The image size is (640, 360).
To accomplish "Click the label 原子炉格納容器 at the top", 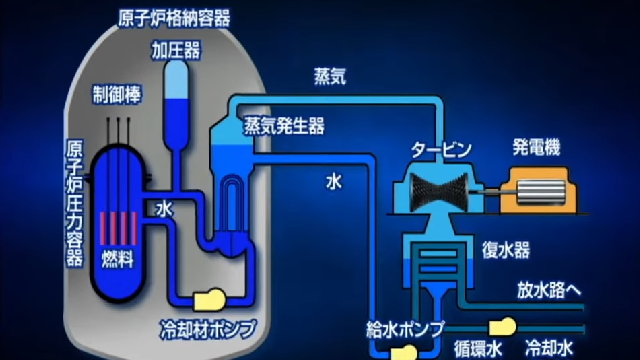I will tap(174, 18).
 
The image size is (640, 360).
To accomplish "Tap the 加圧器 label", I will tap(176, 51).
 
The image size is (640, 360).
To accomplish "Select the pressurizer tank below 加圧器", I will tap(176, 107).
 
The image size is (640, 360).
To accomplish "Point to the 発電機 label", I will tap(536, 147).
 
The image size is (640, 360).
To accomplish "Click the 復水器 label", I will tap(506, 250).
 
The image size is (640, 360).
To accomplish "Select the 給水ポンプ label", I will tap(405, 329).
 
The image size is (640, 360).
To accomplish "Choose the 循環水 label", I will tap(478, 349).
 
